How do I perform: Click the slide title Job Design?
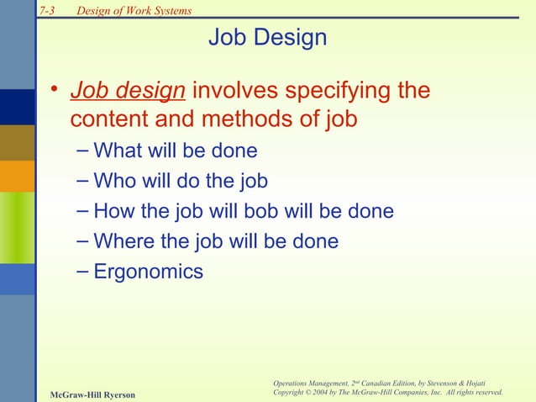coord(267,39)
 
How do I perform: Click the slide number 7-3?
coord(48,11)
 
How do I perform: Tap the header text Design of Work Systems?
coord(134,11)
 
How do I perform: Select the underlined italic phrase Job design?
coord(128,90)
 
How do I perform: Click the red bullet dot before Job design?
coord(53,91)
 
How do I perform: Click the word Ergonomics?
coord(149,272)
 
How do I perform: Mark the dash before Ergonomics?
coord(80,271)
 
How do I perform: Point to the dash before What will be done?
coord(80,151)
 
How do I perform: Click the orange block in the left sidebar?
coord(17,176)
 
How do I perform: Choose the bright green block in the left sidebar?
coord(17,227)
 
